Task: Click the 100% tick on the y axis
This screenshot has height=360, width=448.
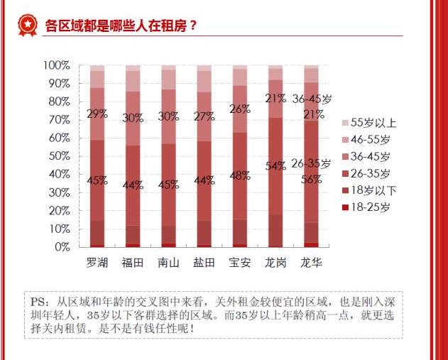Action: click(56, 65)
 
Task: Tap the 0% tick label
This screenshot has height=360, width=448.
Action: click(62, 247)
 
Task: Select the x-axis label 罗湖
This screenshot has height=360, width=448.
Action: click(97, 263)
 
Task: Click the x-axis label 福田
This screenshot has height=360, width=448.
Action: click(133, 263)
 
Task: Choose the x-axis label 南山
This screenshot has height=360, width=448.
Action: click(168, 263)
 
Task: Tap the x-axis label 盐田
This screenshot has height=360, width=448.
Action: click(204, 263)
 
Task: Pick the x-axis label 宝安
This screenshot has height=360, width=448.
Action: click(239, 263)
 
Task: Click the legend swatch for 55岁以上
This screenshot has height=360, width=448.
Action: click(345, 122)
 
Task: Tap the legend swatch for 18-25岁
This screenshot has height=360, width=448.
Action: click(345, 207)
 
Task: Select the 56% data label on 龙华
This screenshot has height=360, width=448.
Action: click(312, 180)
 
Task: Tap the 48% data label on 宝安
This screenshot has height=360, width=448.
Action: click(239, 176)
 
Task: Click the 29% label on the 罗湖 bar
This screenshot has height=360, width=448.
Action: click(97, 114)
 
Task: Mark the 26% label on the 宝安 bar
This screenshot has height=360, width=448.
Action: click(239, 109)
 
